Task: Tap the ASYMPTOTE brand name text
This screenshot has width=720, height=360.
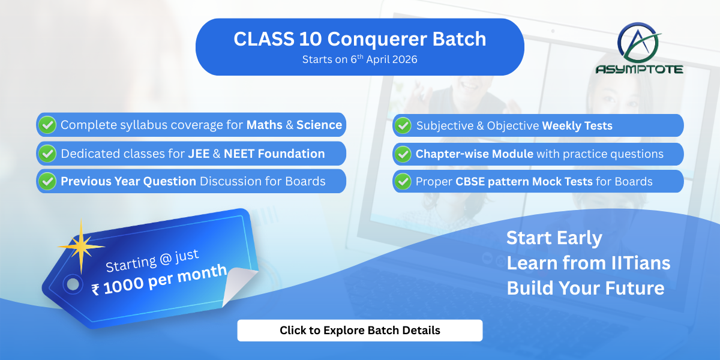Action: (x=639, y=69)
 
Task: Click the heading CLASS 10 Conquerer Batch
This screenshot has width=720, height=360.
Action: (x=359, y=40)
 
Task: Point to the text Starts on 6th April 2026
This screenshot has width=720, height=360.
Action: (x=359, y=59)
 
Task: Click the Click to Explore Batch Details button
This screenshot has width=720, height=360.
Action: (x=359, y=331)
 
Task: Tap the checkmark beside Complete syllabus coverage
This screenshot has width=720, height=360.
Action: (x=47, y=125)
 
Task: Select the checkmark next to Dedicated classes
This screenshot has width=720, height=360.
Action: (x=47, y=154)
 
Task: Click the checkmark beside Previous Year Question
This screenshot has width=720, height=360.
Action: (x=47, y=181)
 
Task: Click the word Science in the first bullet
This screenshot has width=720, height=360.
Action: (x=319, y=125)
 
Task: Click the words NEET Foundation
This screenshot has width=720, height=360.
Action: (x=274, y=154)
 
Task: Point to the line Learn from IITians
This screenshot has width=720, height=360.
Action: (x=588, y=263)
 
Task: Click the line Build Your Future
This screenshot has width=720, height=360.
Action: (x=585, y=288)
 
